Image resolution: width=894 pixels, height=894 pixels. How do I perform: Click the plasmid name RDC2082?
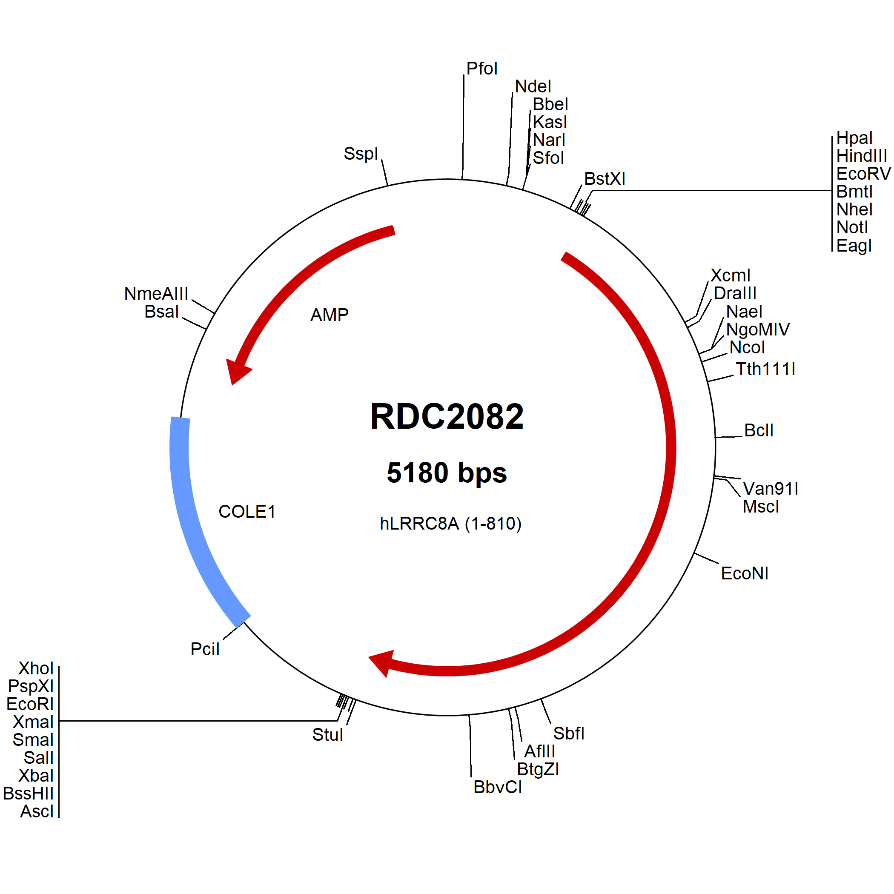pyautogui.click(x=447, y=416)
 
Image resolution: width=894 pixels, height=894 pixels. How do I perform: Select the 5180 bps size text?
pyautogui.click(x=447, y=473)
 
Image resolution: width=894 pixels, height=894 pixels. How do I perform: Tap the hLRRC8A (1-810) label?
pyautogui.click(x=451, y=524)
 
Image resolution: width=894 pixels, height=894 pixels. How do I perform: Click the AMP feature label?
pyautogui.click(x=330, y=315)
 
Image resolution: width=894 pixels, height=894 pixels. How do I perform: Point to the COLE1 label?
pyautogui.click(x=247, y=512)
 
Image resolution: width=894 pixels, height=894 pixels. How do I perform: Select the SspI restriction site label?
pyautogui.click(x=361, y=154)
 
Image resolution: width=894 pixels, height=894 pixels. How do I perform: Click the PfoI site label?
pyautogui.click(x=482, y=69)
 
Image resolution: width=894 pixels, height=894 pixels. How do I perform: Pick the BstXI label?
pyautogui.click(x=605, y=179)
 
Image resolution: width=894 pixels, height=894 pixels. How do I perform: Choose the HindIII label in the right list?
pyautogui.click(x=862, y=156)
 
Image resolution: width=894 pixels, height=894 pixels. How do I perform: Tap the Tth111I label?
pyautogui.click(x=766, y=369)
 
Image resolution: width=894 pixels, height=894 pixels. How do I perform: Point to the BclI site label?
pyautogui.click(x=759, y=430)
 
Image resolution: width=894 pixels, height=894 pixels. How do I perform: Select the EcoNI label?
pyautogui.click(x=745, y=573)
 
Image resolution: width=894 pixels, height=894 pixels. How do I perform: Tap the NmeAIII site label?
pyautogui.click(x=156, y=294)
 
